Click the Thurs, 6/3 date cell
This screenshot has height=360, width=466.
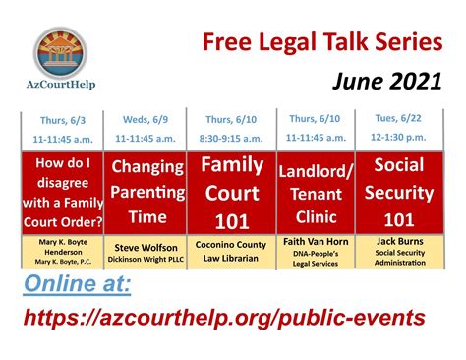pyautogui.click(x=61, y=121)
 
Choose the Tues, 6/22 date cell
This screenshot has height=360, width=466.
pyautogui.click(x=398, y=119)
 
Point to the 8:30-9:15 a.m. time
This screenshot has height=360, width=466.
pyautogui.click(x=233, y=139)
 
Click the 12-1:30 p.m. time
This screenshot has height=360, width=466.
pyautogui.click(x=398, y=138)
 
